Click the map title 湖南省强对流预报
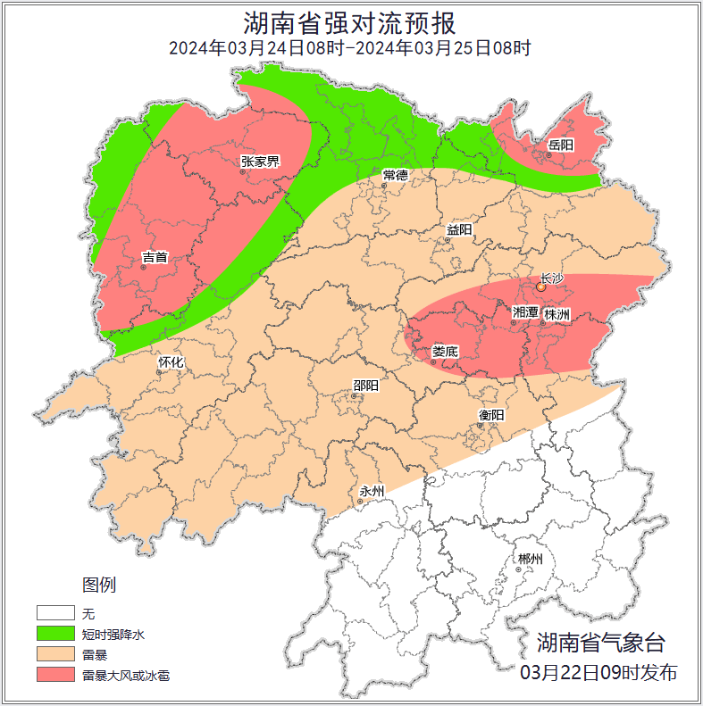[x=350, y=22]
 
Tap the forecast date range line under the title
[x=350, y=48]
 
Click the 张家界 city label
[x=260, y=162]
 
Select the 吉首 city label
[x=155, y=257]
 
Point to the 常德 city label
[x=395, y=174]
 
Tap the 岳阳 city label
[x=560, y=145]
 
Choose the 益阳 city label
[x=459, y=230]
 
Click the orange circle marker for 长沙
[x=540, y=288]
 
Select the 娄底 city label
[x=444, y=352]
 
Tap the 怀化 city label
[x=171, y=362]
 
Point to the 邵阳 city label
[x=365, y=386]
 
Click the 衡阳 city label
[x=491, y=415]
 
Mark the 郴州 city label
[x=529, y=560]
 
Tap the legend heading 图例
[x=99, y=586]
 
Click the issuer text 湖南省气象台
[x=600, y=642]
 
